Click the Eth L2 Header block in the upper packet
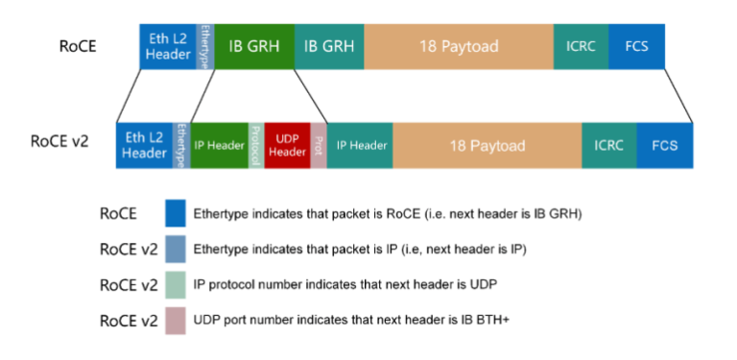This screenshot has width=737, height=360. coord(168,46)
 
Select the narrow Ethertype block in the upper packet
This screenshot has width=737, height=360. coord(205,46)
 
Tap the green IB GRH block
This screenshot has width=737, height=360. coord(253,46)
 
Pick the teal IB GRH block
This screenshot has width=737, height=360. coord(329,46)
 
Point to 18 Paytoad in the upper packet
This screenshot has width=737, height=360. coord(459,46)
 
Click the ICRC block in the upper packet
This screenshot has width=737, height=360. coord(581,46)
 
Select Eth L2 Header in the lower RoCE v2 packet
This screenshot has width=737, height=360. coord(145,146)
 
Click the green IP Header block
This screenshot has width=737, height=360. coord(220,146)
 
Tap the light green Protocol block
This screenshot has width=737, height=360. coord(256,146)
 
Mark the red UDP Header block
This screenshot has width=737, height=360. coord(287,146)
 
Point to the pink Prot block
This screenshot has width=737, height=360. coord(319,146)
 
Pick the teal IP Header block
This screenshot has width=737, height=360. coord(360,146)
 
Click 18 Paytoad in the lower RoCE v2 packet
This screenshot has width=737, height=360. coord(487,146)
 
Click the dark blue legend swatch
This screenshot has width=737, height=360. coord(175,213)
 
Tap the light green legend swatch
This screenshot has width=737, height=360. coord(175,285)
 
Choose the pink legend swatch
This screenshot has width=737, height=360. coord(175,321)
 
